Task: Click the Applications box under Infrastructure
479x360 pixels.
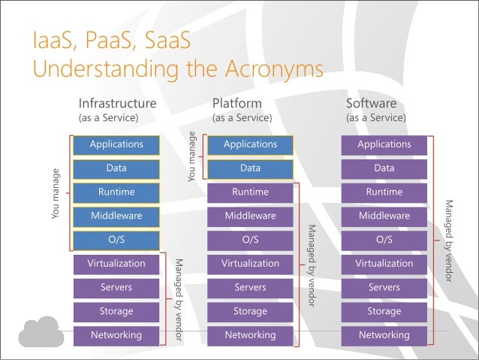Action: pos(116,144)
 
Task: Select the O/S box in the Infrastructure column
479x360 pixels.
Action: pos(116,240)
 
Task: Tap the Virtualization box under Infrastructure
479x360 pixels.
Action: pos(116,264)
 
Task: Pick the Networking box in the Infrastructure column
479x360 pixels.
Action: pos(116,335)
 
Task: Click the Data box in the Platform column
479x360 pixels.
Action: pos(250,168)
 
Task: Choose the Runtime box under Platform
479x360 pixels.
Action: pos(250,192)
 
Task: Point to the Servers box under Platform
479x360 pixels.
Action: pos(250,288)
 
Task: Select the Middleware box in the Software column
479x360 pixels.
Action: pos(384,216)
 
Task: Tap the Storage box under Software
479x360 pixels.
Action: pos(384,311)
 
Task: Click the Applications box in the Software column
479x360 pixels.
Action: pos(384,144)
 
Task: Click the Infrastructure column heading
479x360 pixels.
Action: pos(118,103)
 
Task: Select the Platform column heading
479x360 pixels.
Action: pos(237,103)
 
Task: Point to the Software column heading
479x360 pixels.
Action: pos(371,103)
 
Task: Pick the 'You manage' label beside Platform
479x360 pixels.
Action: pos(192,156)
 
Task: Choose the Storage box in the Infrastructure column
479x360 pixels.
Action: pos(116,311)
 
